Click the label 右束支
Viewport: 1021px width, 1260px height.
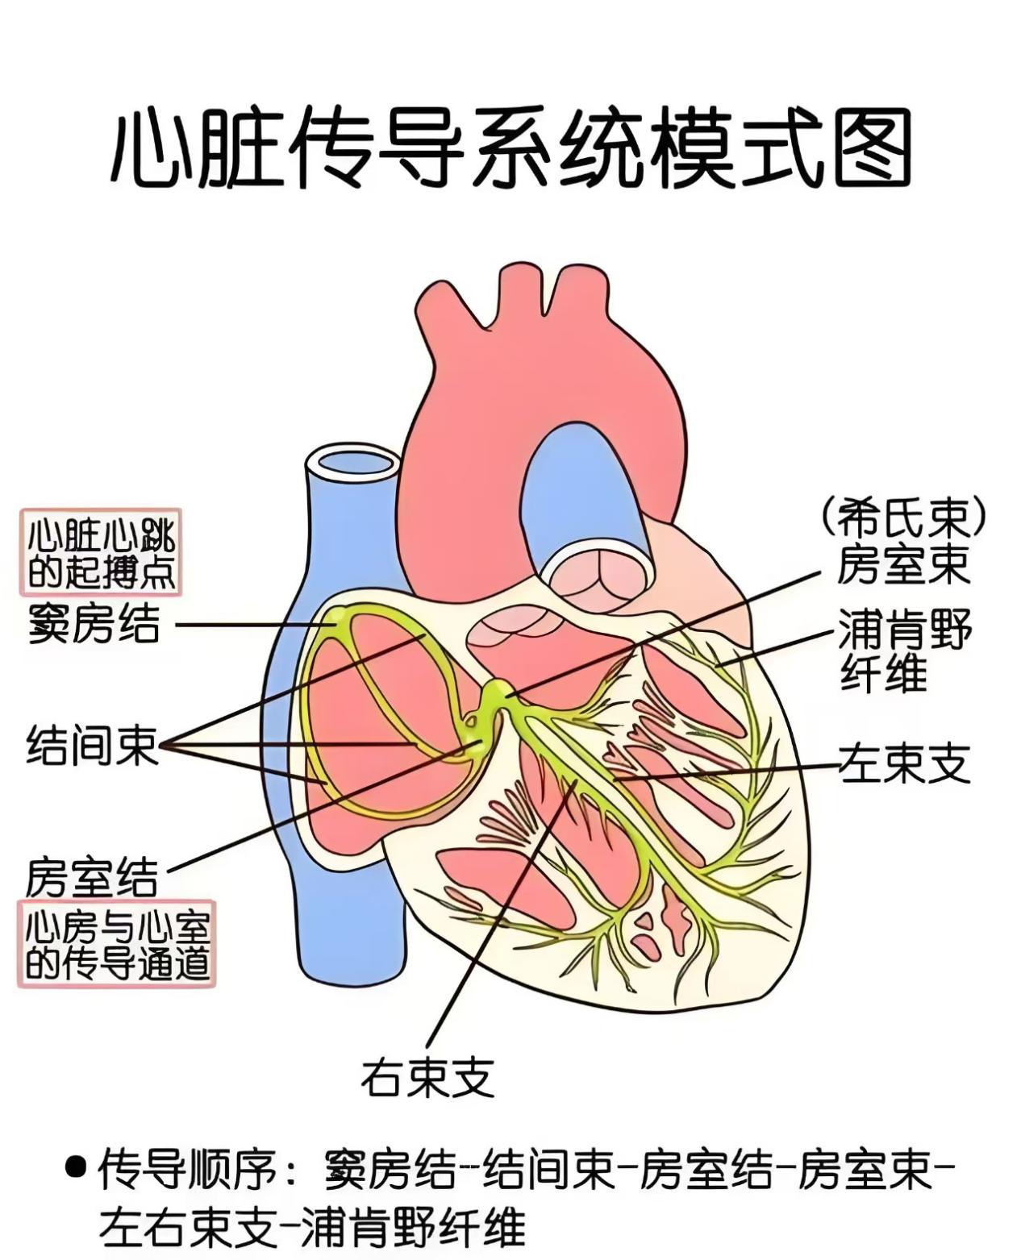coord(427,1077)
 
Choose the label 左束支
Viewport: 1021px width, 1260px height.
coord(904,763)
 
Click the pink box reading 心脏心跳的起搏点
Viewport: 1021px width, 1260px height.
coord(101,553)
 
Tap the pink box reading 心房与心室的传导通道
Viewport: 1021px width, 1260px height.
coord(117,944)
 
